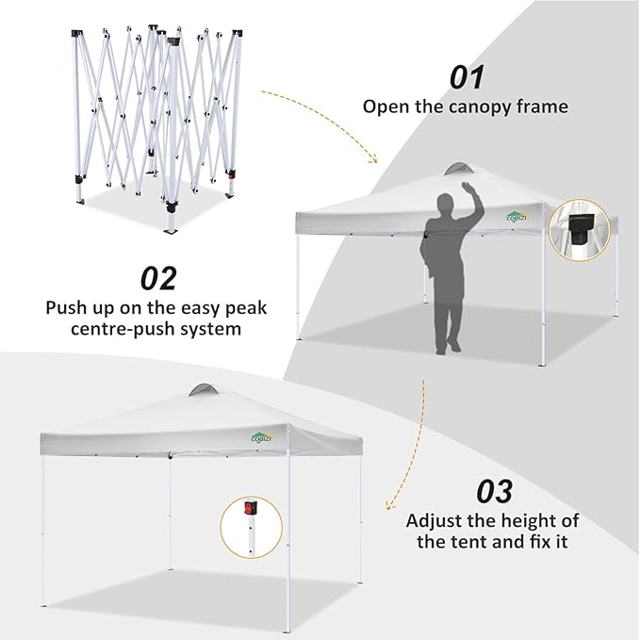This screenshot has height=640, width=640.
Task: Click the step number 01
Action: (467, 77)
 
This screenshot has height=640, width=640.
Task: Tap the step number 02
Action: (159, 278)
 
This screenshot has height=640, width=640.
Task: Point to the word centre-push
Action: (115, 330)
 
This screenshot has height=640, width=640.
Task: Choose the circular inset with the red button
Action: (251, 526)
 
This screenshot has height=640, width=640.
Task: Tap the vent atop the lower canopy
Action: (201, 390)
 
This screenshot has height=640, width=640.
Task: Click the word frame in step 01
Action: (544, 107)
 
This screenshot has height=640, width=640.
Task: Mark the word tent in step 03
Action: (464, 543)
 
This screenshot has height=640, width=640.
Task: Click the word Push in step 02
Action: (67, 307)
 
